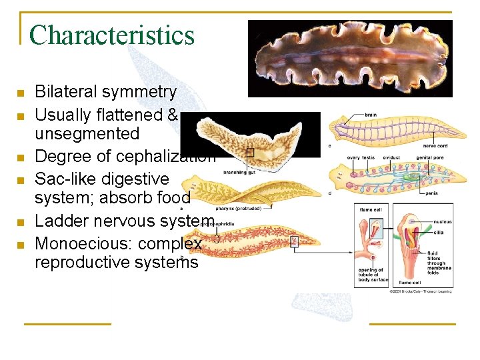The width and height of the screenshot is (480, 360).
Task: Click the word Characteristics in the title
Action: tap(112, 35)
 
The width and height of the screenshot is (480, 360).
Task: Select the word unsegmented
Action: tap(87, 133)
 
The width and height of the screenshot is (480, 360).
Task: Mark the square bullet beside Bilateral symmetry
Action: tap(21, 93)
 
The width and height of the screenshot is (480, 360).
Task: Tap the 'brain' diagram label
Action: tap(371, 115)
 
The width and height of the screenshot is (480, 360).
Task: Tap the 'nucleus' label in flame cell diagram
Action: tap(443, 222)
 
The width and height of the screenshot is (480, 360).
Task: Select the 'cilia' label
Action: tap(438, 232)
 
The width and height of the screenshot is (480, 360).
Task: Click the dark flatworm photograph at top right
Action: tap(350, 58)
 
